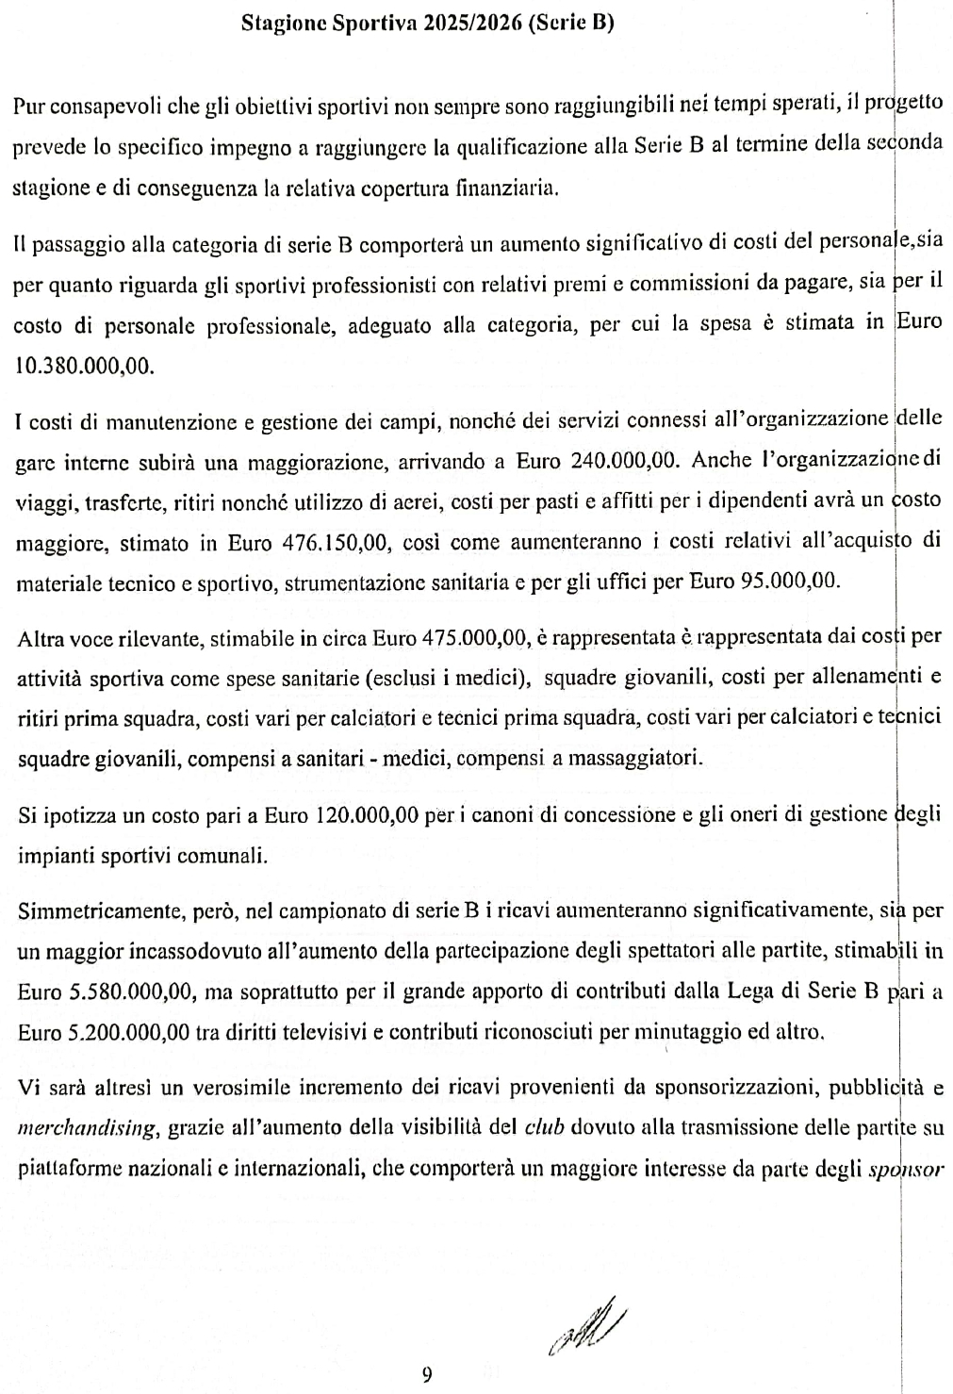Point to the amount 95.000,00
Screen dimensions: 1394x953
pyautogui.click(x=789, y=582)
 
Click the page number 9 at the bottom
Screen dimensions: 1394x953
pyautogui.click(x=427, y=1374)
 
